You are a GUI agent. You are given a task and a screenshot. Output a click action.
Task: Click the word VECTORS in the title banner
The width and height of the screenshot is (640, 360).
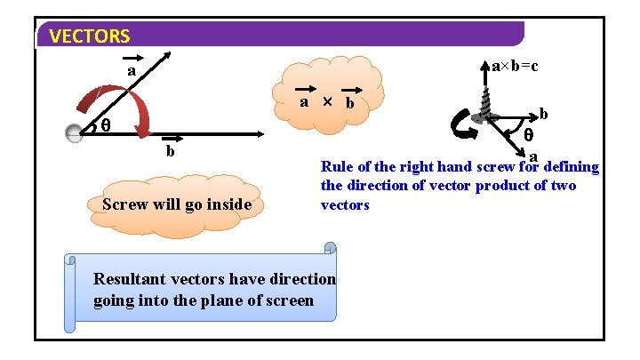pos(90,36)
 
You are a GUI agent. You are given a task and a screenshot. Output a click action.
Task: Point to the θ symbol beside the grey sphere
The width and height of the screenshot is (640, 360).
pos(104,126)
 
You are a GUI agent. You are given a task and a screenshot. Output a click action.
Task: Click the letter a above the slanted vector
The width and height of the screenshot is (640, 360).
pos(132,70)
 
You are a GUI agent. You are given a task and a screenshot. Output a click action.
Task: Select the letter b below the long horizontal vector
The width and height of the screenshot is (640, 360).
pos(169,151)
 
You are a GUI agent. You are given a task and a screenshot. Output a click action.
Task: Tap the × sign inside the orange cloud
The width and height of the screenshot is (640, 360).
pos(327,102)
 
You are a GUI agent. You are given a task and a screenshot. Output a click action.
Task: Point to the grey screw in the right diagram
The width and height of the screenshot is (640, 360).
pos(486,104)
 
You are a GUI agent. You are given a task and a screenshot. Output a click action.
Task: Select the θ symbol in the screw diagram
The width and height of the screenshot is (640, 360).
pos(527,136)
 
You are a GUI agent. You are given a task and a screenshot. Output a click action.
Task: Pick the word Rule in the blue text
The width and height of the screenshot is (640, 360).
pos(337,166)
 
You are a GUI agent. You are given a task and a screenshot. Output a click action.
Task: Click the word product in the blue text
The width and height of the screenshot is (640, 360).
pos(520,185)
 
